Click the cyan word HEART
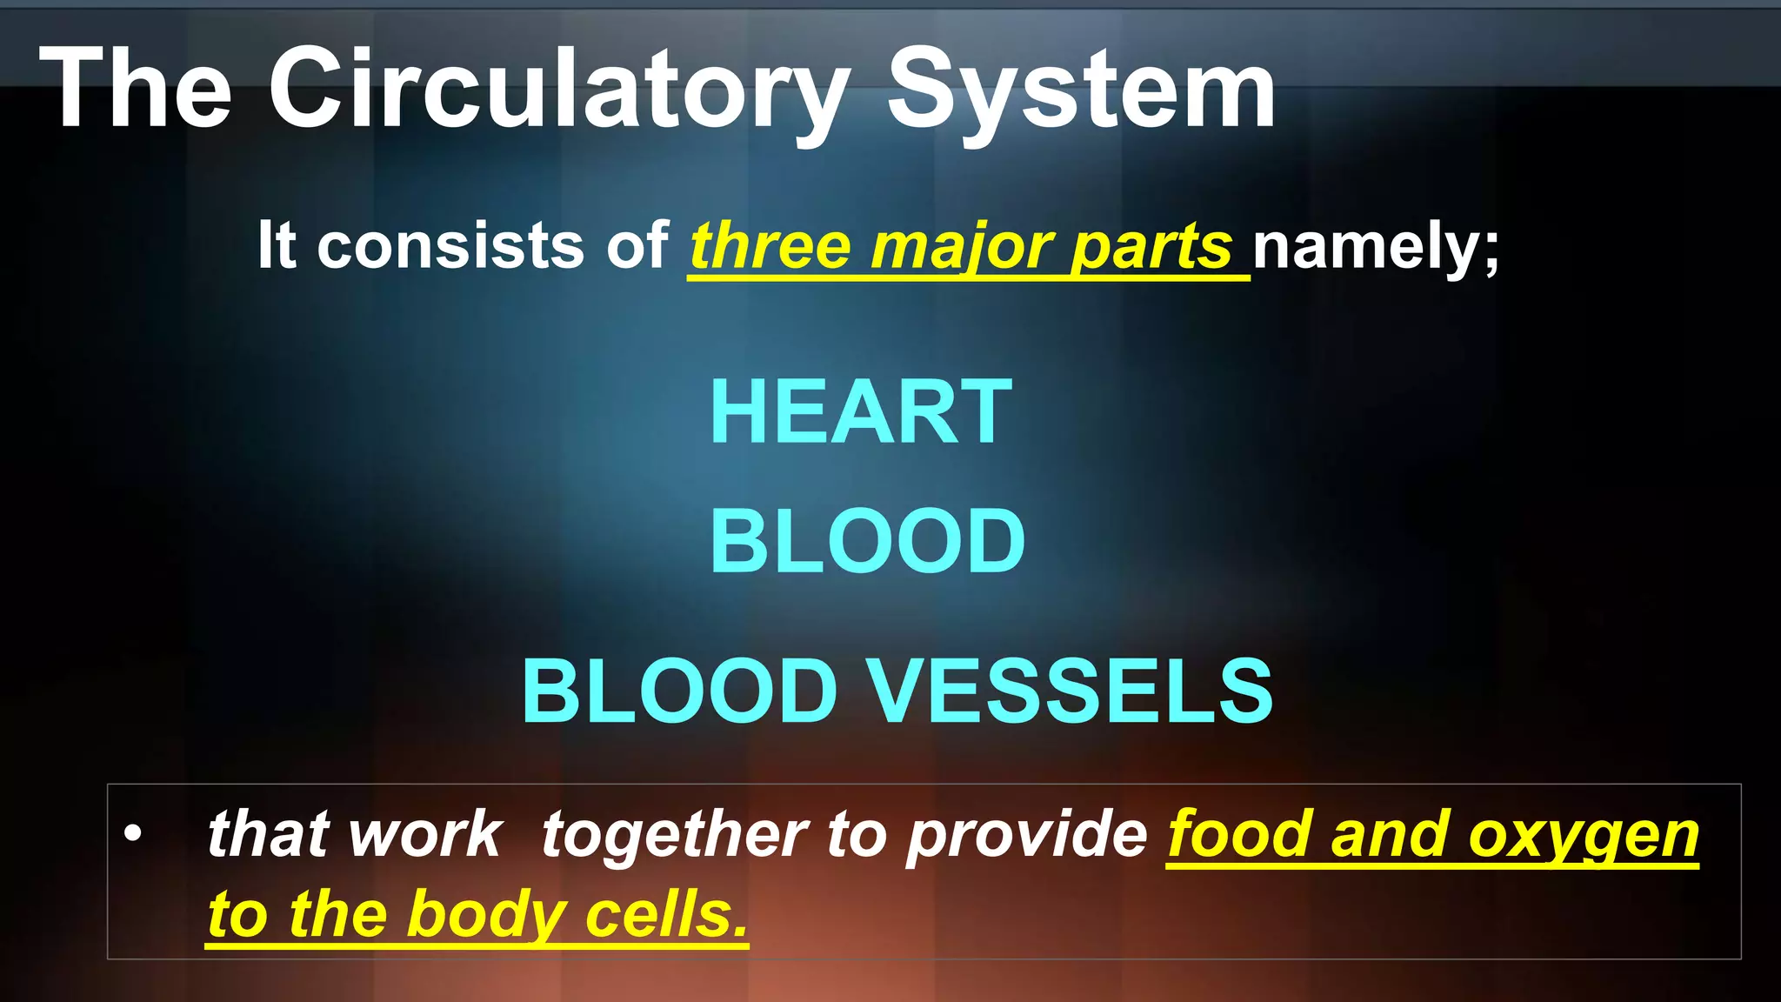861,412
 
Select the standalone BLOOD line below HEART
867,541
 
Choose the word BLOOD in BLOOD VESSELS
679,691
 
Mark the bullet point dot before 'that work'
132,833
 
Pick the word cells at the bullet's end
665,915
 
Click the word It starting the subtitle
277,245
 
